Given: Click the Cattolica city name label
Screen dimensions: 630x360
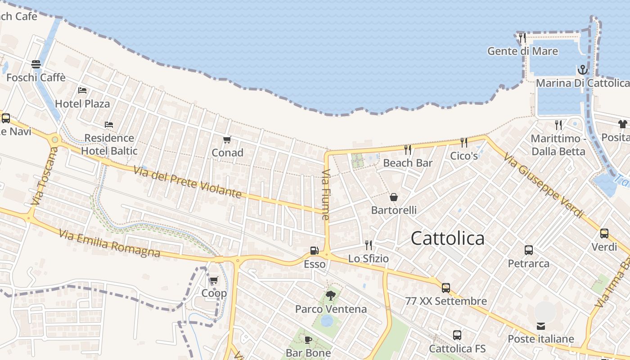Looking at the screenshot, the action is pos(448,238).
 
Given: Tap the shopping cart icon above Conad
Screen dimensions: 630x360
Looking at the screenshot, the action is pos(227,140).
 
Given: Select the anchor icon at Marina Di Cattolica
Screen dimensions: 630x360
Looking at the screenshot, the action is pos(583,70).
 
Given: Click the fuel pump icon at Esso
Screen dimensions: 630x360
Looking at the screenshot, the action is pos(314,251).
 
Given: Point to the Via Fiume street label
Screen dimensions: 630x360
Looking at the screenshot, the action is pos(326,194).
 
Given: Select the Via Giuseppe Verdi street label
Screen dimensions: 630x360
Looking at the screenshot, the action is pos(543,186).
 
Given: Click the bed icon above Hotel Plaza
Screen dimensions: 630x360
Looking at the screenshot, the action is pos(82,90).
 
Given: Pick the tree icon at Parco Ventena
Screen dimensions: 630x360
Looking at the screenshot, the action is pos(331,296).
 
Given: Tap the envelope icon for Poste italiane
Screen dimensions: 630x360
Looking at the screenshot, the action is pos(540,326).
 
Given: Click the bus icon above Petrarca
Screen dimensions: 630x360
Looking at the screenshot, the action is pos(529,250).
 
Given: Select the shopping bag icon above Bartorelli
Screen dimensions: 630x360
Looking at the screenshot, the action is pos(394,197).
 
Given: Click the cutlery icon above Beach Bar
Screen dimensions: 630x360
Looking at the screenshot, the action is pos(408,149).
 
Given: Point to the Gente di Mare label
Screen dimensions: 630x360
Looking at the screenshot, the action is pos(522,51).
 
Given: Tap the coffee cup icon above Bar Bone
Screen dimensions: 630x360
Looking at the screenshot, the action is pos(308,340).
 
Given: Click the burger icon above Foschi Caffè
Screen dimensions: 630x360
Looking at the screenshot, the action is pos(36,64).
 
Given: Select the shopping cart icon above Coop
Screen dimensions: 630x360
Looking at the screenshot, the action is pos(214,280).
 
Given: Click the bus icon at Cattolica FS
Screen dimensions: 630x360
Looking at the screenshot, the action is pos(457,335).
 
